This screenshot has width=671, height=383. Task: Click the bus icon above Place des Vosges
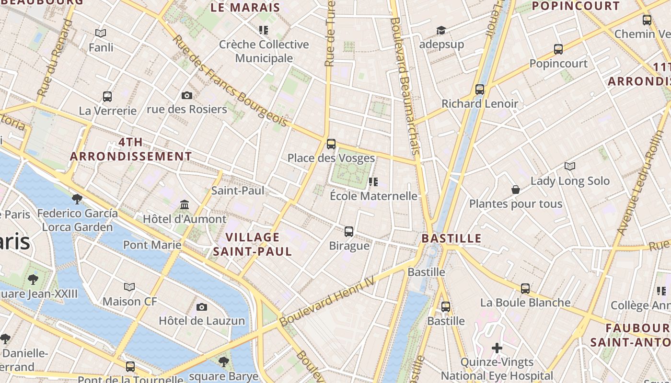tap(331, 144)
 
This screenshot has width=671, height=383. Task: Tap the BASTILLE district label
tap(451, 238)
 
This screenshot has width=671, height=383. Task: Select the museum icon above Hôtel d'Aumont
tap(185, 205)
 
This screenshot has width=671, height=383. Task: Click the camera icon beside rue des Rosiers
tap(187, 95)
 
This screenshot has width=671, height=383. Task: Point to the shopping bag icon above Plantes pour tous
tap(515, 190)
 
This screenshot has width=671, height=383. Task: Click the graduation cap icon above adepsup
tap(441, 31)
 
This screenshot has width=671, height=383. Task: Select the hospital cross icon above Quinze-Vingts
tap(497, 348)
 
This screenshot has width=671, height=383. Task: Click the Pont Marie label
tap(152, 245)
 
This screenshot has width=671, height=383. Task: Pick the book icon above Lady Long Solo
tap(569, 167)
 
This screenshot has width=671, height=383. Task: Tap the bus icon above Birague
tap(349, 232)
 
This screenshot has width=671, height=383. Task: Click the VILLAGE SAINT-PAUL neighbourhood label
tap(252, 244)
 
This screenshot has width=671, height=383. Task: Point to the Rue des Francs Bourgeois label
tap(230, 81)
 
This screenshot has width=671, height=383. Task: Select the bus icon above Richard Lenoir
tap(480, 90)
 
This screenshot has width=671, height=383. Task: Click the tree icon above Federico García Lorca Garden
tap(77, 199)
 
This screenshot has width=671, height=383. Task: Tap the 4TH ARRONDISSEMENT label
tap(131, 149)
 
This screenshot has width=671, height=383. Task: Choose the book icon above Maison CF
tap(129, 287)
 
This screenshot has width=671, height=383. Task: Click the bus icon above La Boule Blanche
tap(525, 288)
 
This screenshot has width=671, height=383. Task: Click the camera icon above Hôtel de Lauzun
tap(202, 307)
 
